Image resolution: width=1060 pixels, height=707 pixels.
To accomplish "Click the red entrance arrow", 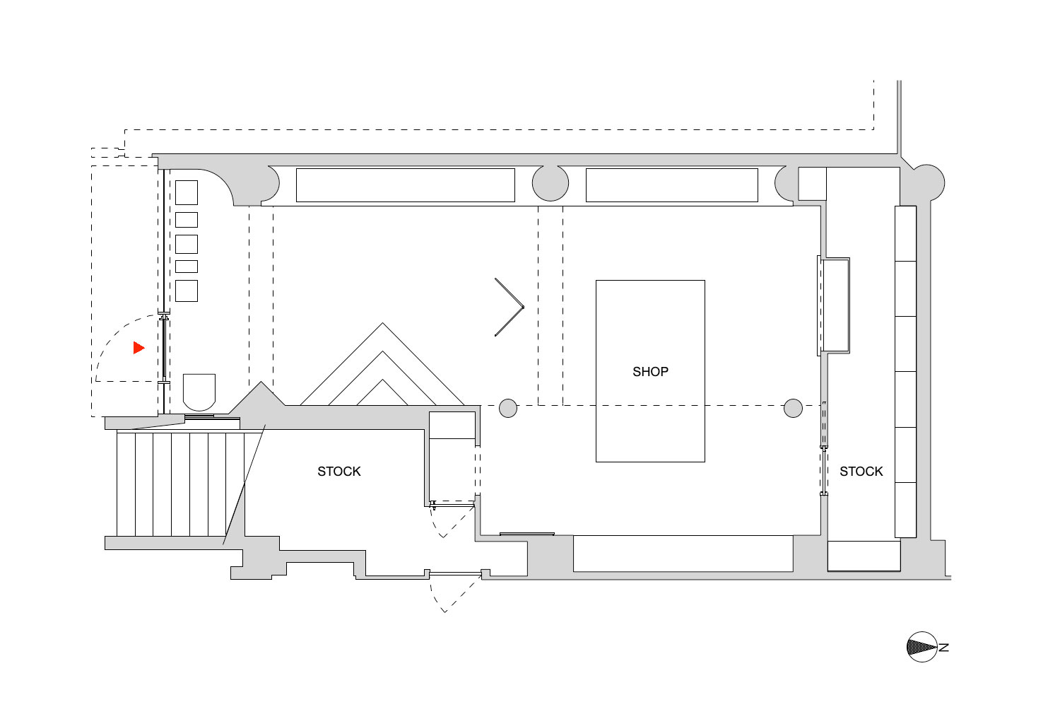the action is tap(139, 348).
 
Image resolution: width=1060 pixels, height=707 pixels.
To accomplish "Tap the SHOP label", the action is tap(650, 372).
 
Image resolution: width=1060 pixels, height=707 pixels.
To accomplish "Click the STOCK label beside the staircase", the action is tap(338, 472).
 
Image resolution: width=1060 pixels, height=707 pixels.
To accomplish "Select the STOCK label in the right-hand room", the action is tap(861, 472).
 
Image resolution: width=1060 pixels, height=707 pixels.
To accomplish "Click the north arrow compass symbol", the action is tap(921, 647).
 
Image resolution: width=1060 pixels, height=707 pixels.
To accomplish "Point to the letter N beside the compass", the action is tap(944, 648).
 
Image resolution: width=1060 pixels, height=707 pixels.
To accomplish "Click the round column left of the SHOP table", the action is tap(508, 408).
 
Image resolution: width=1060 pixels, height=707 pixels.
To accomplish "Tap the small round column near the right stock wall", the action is tap(793, 408).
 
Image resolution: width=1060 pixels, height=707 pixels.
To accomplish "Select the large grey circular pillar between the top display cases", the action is tap(550, 183).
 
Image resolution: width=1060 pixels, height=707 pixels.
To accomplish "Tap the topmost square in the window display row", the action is tap(187, 192).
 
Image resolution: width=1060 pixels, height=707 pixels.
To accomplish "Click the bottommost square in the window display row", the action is tap(187, 291).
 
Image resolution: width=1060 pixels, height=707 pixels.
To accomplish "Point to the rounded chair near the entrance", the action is tap(199, 392).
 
